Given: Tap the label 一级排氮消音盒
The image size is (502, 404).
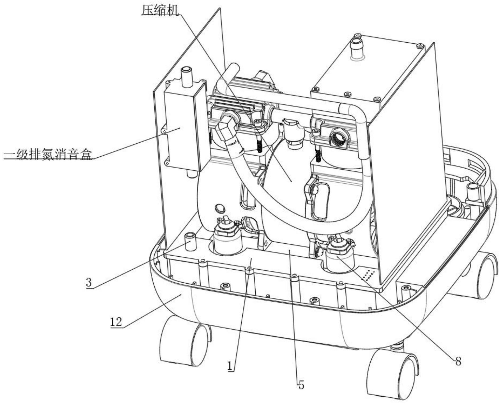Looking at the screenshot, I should pyautogui.click(x=48, y=154).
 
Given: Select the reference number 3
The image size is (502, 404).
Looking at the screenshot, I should pyautogui.click(x=89, y=282).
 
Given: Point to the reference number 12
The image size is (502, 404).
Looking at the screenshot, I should pyautogui.click(x=116, y=322).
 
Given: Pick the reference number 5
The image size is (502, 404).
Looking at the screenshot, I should pyautogui.click(x=301, y=385).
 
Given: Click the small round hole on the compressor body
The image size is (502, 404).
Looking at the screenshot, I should pyautogui.click(x=219, y=208).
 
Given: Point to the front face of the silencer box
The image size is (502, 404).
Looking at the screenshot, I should pyautogui.click(x=180, y=132).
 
